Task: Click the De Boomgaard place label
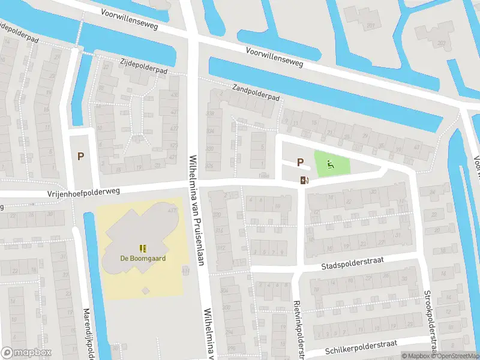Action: click(142, 259)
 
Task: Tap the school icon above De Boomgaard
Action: click(142, 248)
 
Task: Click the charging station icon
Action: click(304, 180)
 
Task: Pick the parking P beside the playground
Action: click(300, 161)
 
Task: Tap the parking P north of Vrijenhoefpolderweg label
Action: click(80, 156)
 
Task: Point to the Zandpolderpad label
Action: click(256, 92)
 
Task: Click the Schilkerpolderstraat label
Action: click(361, 347)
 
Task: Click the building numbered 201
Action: click(371, 25)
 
